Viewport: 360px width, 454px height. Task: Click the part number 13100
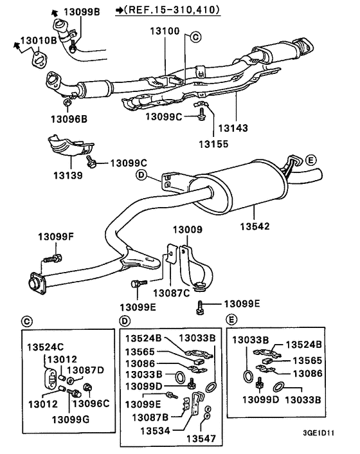165,31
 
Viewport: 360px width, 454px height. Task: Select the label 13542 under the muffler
255,226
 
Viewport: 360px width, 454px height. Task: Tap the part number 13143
233,128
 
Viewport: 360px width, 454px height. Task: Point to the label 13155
213,144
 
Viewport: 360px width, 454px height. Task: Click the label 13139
68,175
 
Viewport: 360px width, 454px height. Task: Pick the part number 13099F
56,237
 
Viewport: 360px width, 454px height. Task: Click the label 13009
188,230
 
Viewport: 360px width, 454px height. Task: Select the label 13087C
171,293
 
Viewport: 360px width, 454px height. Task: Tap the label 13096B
69,119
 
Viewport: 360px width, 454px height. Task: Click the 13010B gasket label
39,41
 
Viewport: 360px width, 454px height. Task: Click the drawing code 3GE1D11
318,433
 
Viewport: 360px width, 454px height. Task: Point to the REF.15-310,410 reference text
168,10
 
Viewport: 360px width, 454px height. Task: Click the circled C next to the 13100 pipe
195,37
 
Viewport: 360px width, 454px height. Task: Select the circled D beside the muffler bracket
141,175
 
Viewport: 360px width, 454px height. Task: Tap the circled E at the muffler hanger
310,160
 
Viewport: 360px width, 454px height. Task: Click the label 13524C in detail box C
46,347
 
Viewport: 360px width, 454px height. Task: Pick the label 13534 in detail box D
155,431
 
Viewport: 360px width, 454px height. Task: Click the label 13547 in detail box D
201,439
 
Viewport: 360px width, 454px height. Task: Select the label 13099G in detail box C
71,419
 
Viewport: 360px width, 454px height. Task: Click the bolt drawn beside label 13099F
53,258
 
